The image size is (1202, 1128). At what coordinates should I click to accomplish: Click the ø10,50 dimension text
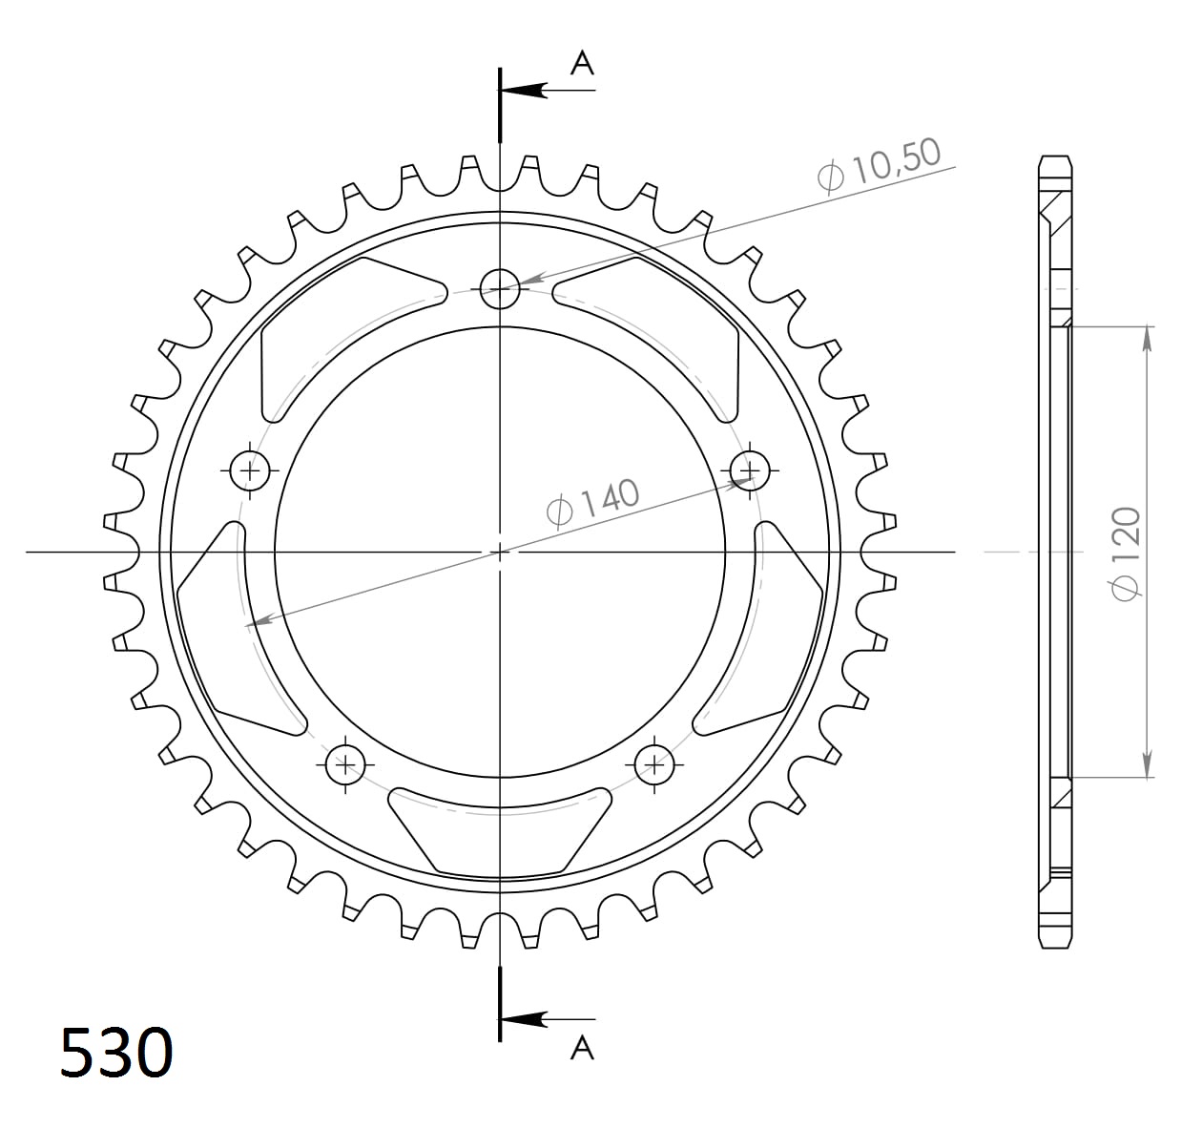(x=879, y=166)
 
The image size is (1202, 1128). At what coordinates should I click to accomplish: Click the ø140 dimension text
(x=592, y=502)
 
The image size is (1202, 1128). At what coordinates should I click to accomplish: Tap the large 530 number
(x=116, y=1053)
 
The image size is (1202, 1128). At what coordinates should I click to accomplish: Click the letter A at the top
(x=582, y=64)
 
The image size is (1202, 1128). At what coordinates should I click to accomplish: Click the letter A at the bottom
(x=582, y=1048)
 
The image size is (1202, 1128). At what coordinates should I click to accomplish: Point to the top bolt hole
(x=500, y=287)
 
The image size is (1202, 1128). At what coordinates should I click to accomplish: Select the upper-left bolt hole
(x=251, y=470)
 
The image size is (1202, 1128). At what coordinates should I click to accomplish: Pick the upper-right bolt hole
(x=750, y=470)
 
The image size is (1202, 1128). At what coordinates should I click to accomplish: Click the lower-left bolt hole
(x=345, y=763)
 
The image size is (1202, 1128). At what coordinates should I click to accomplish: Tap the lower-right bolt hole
(x=654, y=763)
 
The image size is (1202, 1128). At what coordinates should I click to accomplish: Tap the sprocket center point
(x=500, y=552)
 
